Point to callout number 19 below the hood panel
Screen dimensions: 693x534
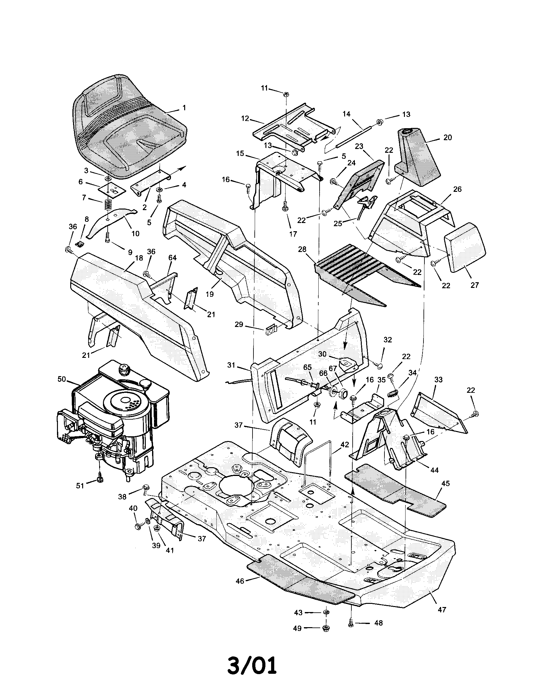tap(210, 294)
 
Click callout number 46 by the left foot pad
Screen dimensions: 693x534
tap(240, 581)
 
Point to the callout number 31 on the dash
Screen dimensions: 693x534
tap(231, 365)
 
